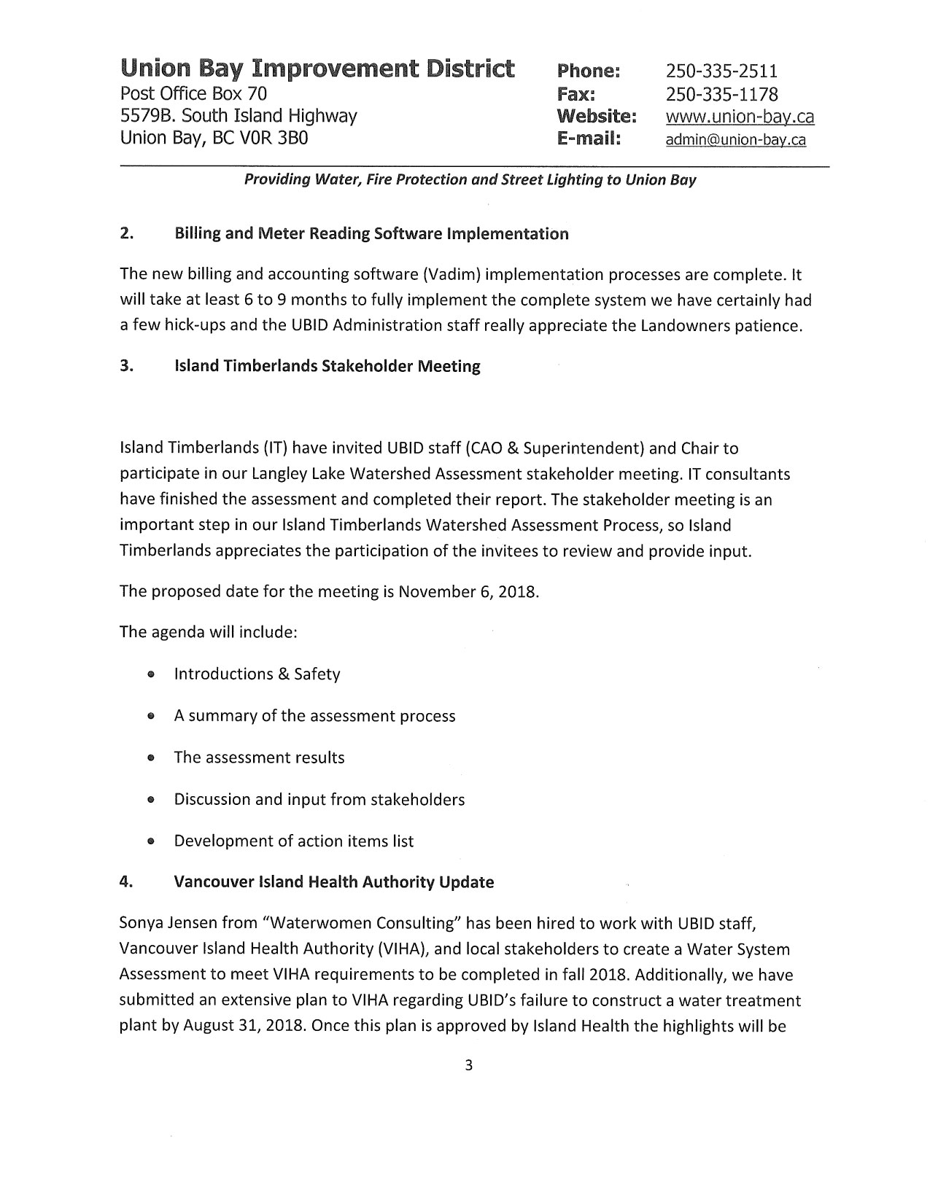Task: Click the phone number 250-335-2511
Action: tap(721, 71)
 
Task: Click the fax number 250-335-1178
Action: tap(721, 94)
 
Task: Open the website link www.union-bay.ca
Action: tap(740, 117)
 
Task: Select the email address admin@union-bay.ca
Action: tap(735, 140)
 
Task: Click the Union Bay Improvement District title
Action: tap(318, 69)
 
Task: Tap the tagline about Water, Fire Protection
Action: tap(470, 179)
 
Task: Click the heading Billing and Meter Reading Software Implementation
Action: tap(371, 234)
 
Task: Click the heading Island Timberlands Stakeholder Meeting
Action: tap(327, 366)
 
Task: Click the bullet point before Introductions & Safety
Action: tap(150, 675)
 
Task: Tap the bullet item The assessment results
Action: tap(259, 758)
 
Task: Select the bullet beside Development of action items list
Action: tap(150, 842)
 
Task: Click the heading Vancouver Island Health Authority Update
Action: tap(333, 882)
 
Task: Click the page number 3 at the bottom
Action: tap(469, 1066)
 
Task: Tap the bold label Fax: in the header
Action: tap(576, 94)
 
